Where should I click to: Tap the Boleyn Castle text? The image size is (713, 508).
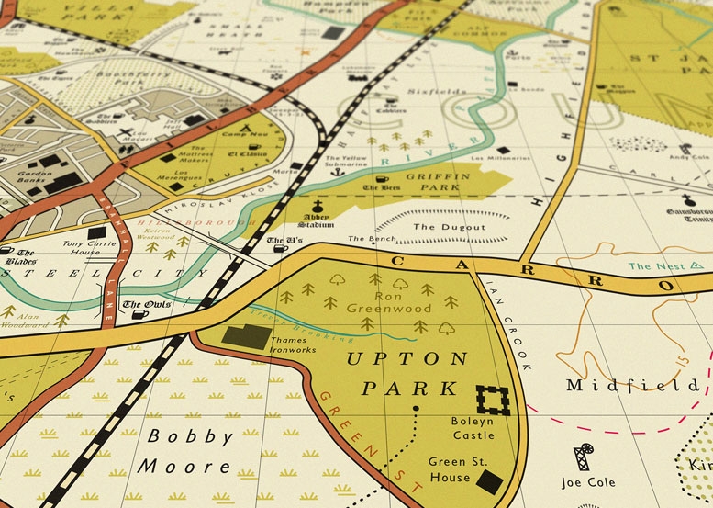pos(473,427)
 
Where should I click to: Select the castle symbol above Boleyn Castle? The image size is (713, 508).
pos(493,400)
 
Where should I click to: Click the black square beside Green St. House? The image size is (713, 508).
pos(489,479)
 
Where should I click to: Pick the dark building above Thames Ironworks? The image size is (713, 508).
pos(247,335)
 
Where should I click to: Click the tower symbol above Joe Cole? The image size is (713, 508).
pos(582,457)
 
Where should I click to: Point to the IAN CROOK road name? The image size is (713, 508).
pos(509,322)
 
